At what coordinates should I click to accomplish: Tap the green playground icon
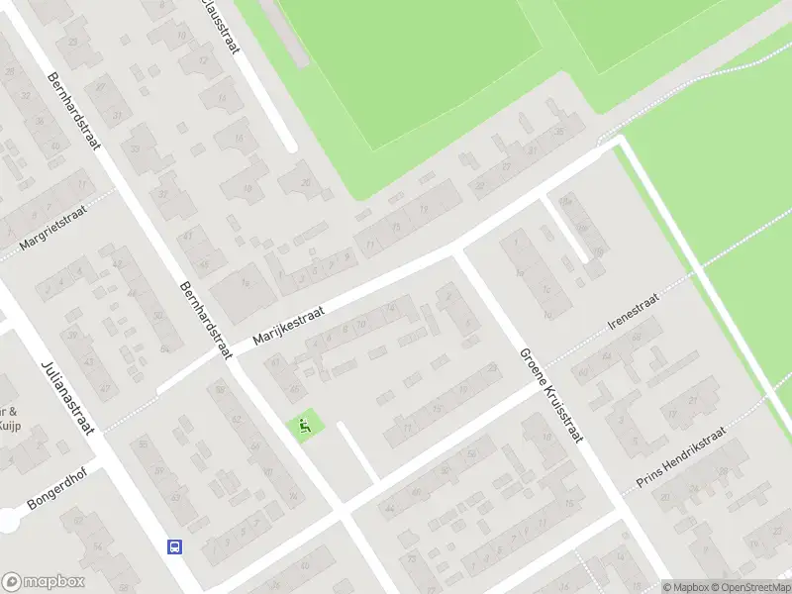pos(304,427)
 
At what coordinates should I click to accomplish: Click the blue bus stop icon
pos(174,545)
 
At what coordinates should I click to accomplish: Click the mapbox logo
pos(44,582)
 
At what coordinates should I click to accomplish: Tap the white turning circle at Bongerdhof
pos(8,520)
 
